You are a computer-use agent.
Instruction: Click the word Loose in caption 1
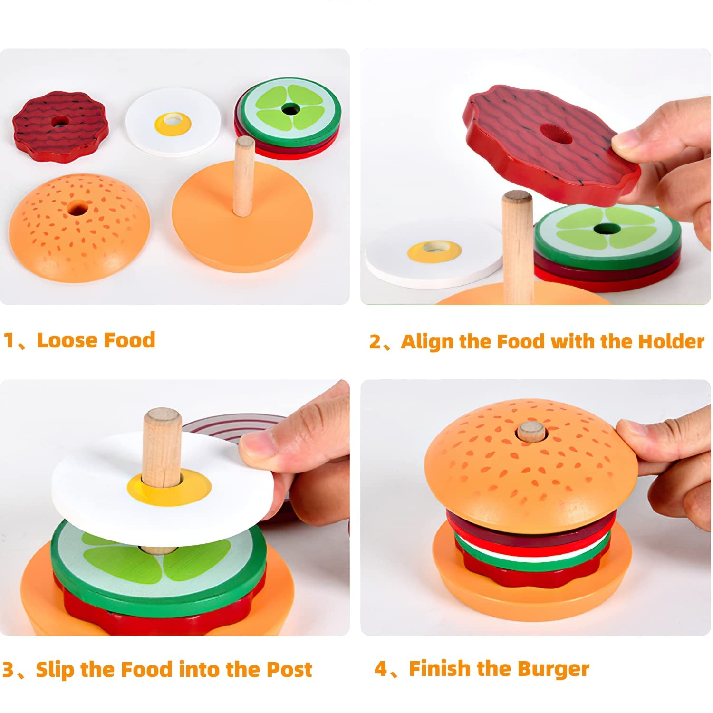click(67, 340)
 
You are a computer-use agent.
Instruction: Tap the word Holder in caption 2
click(671, 342)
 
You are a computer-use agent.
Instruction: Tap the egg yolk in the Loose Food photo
click(173, 123)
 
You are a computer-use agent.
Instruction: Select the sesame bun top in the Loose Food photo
click(79, 227)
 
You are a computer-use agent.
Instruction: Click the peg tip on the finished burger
click(531, 431)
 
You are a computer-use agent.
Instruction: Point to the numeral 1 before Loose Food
click(9, 341)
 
